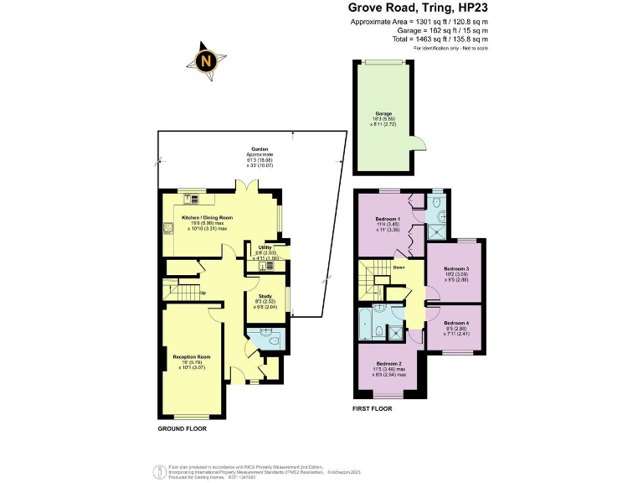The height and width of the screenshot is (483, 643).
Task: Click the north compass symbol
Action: click(x=206, y=60)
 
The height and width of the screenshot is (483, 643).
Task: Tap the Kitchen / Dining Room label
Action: click(x=207, y=217)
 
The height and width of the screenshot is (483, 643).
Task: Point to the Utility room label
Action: click(x=265, y=248)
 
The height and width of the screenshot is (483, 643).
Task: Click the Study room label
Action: click(x=264, y=295)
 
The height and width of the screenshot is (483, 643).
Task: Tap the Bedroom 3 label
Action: click(x=455, y=269)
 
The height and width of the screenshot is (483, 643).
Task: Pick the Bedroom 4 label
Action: click(x=455, y=323)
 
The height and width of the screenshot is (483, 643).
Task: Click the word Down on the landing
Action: click(x=399, y=267)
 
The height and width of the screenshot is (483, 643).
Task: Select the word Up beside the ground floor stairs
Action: click(x=203, y=293)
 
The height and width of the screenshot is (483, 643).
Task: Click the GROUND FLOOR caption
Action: click(x=182, y=428)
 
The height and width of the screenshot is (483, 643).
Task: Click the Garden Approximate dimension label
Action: click(x=254, y=154)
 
